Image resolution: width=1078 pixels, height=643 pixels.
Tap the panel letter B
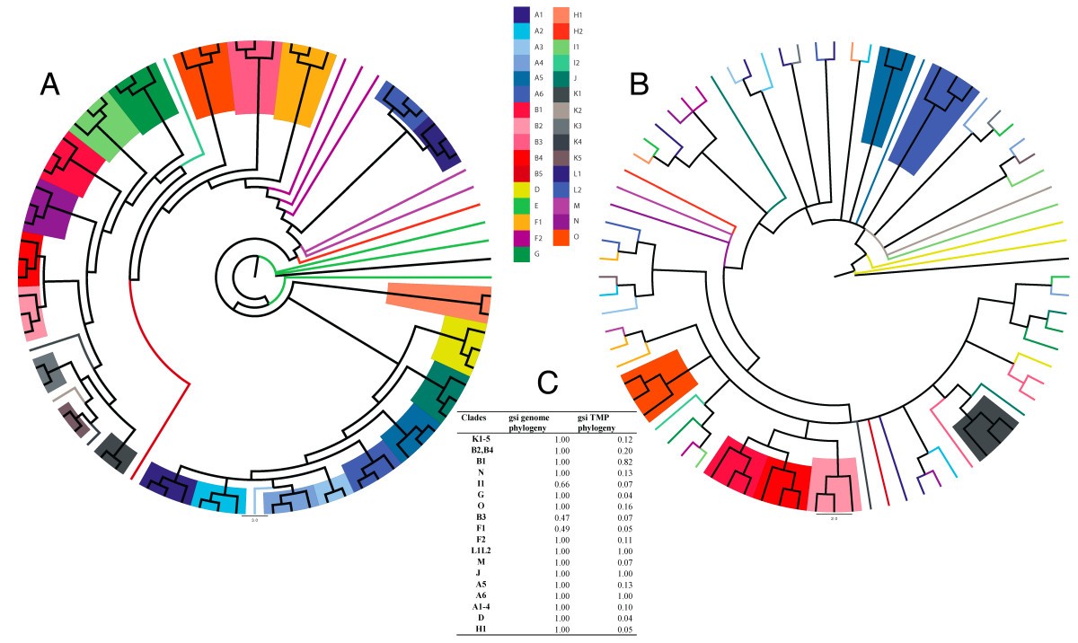[640, 84]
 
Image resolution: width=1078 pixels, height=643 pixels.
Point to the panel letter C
[548, 383]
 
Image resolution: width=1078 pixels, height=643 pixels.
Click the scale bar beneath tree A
[253, 516]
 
